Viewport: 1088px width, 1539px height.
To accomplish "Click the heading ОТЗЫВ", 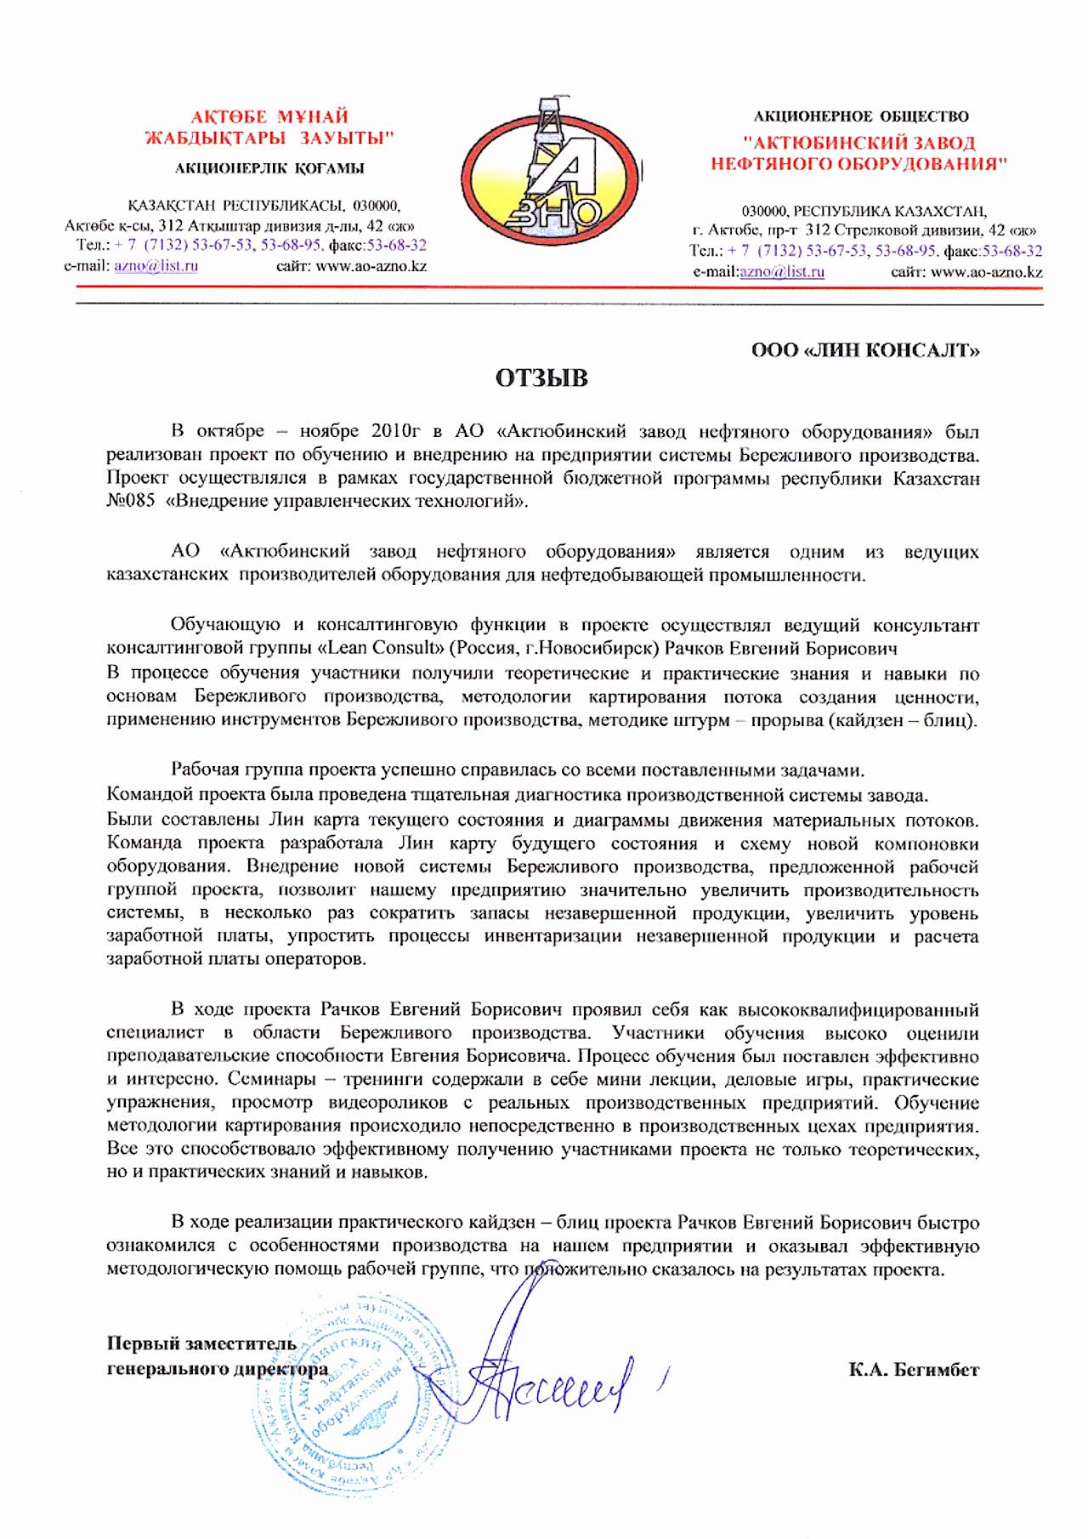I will click(541, 378).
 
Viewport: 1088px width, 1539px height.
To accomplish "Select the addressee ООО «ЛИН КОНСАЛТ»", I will click(865, 350).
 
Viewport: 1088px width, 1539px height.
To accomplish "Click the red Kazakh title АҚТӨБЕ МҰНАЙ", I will click(269, 116).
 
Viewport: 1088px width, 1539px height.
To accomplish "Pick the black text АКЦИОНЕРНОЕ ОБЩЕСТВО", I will click(861, 116).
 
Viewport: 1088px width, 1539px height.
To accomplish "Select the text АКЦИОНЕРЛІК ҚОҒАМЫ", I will click(269, 168).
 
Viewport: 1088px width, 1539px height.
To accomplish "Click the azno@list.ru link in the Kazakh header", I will click(156, 266).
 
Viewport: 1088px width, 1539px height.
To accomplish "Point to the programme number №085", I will click(131, 501).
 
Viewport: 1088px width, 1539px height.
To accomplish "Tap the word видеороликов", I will click(388, 1103).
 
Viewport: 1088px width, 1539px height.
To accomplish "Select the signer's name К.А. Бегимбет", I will click(913, 1370).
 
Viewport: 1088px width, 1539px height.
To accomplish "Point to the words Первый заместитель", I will click(201, 1343).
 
